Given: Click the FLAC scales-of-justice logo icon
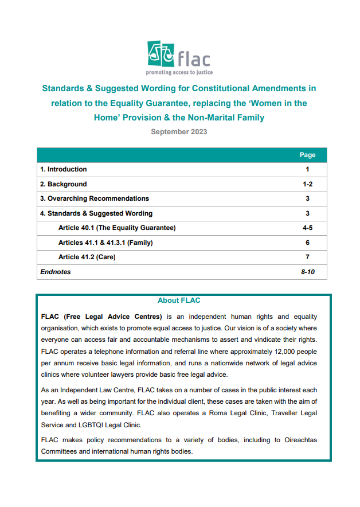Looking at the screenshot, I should (161, 54).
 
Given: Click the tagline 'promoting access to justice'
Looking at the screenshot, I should (179, 73).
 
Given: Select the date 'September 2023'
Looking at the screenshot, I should (179, 132).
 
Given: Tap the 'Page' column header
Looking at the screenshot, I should (307, 155).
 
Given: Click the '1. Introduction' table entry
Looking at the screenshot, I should (64, 169).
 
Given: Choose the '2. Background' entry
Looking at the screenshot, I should (64, 184).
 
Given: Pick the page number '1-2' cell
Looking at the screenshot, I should (307, 184).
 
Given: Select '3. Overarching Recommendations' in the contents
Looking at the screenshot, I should (95, 198).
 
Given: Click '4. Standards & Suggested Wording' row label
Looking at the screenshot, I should (96, 213).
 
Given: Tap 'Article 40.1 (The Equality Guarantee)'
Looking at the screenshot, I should (117, 228).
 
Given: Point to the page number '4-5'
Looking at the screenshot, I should (307, 228).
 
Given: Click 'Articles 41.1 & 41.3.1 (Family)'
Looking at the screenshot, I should (105, 243).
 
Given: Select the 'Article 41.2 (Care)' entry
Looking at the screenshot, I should (87, 257).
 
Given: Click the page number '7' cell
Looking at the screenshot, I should (307, 257).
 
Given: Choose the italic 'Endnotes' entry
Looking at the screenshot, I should (56, 272).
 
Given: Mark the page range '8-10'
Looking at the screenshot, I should (308, 272).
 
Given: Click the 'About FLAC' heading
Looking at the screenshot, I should (179, 301).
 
